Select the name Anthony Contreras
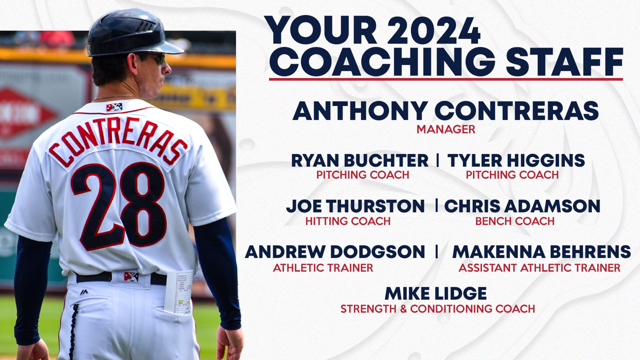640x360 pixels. tap(446, 111)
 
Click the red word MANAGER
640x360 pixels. tap(446, 129)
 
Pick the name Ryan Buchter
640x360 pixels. tap(360, 161)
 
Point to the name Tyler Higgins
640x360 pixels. tap(516, 161)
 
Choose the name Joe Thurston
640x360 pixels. tap(355, 206)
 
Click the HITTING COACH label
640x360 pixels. tap(348, 221)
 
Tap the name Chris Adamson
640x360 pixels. tap(522, 206)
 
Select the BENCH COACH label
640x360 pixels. tap(515, 221)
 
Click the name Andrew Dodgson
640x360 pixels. tap(335, 252)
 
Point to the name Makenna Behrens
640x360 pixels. tap(541, 252)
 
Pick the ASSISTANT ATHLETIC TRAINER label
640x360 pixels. tap(539, 268)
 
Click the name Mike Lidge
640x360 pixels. tap(436, 294)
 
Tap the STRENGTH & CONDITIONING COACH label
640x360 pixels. tap(438, 309)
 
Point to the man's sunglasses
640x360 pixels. tap(154, 58)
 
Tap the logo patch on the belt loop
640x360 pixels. tap(131, 277)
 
